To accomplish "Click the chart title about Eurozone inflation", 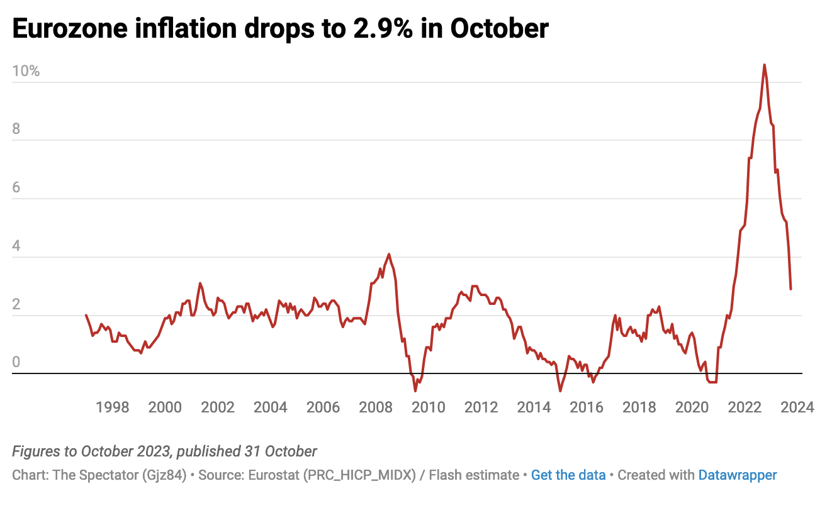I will click(280, 29).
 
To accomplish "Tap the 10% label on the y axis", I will click(26, 72).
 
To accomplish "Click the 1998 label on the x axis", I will click(112, 407).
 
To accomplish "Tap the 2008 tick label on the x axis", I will click(376, 407).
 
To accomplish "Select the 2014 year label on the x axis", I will click(534, 407).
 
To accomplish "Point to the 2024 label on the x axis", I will click(797, 407).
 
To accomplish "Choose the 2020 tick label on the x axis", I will click(692, 407).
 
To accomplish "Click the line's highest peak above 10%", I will click(764, 65).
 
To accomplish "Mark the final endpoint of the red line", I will click(790, 289).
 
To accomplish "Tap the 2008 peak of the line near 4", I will click(389, 254).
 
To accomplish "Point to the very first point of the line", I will click(86, 315).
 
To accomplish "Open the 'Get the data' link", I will click(568, 475).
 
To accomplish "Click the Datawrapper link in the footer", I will click(738, 475).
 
